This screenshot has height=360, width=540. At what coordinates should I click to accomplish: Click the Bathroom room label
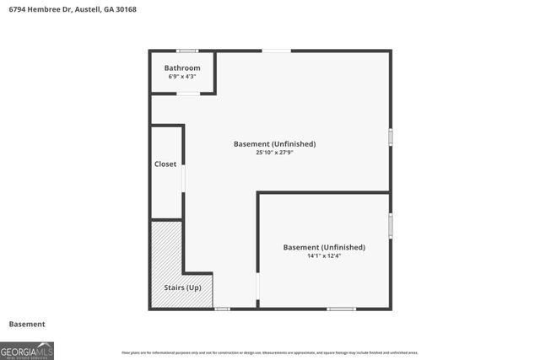point(182,67)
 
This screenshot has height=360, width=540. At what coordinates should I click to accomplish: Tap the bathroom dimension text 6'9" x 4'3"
point(182,77)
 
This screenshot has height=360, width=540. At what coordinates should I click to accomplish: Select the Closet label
point(165,164)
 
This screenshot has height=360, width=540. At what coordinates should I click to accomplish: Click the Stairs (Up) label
point(182,288)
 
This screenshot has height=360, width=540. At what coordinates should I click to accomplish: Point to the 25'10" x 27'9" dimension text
point(274,153)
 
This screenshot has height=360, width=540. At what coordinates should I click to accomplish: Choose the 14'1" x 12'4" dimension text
point(324,256)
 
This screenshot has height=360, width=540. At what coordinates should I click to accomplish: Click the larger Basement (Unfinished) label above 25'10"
point(274,144)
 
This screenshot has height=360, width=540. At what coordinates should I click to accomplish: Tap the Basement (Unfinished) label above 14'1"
point(324,247)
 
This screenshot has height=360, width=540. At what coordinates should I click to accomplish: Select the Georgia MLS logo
point(27,350)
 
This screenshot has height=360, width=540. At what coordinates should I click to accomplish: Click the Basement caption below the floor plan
point(27,324)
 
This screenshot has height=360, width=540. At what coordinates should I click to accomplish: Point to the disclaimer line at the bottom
point(269,352)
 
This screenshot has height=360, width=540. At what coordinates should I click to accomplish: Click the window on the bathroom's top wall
point(187,51)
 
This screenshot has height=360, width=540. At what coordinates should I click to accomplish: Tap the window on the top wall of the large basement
point(276,51)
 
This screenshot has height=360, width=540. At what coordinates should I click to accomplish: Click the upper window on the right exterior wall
point(391,137)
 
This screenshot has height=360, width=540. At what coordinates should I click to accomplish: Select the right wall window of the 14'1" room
point(391,226)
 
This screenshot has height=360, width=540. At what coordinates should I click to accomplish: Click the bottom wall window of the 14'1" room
point(341,309)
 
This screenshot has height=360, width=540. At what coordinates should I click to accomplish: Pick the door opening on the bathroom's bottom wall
point(187,93)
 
